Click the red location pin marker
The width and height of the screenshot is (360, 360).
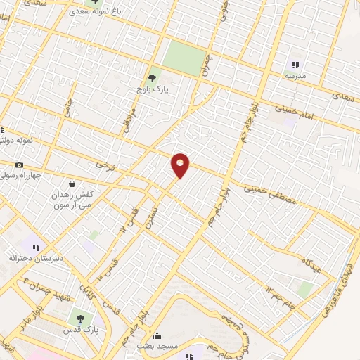(x=181, y=165)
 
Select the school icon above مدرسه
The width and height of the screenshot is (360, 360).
(x=295, y=64)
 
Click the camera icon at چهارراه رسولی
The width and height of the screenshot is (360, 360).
(x=19, y=165)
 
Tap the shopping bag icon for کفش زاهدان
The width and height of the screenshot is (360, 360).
(x=72, y=184)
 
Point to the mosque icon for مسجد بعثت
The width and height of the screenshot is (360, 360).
(x=157, y=336)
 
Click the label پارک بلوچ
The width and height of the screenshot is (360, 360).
(x=153, y=90)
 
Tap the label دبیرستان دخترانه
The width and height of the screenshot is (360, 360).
(x=36, y=258)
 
